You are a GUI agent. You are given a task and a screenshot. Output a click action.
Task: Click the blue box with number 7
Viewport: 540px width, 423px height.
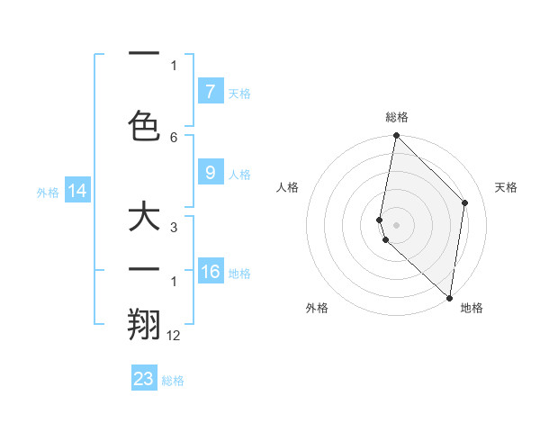click(211, 91)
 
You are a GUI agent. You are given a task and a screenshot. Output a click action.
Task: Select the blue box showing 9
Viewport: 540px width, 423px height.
click(211, 173)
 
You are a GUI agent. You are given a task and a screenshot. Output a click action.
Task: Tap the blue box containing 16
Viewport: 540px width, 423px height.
click(211, 272)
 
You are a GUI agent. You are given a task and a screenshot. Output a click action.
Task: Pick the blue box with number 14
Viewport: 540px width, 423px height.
click(76, 191)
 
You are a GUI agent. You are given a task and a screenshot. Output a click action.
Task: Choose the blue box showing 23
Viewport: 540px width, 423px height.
click(144, 379)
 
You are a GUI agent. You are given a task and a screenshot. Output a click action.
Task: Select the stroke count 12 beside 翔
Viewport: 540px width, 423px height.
click(174, 335)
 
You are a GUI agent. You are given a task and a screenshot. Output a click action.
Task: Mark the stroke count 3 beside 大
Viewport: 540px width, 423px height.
click(174, 229)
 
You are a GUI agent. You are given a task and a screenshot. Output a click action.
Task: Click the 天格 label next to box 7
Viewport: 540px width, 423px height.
click(239, 93)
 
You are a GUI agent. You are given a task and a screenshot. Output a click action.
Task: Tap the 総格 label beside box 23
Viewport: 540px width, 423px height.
click(173, 381)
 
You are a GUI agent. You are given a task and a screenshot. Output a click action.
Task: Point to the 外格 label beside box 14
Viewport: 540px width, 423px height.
click(48, 192)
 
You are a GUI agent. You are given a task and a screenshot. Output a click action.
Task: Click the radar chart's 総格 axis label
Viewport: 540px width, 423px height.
click(397, 117)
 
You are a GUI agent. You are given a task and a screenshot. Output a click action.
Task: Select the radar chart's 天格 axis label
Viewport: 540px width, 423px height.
click(507, 187)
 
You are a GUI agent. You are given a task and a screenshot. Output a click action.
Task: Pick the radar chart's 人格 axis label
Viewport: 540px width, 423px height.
click(288, 187)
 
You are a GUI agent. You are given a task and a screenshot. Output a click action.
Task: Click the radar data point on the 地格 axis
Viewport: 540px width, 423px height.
click(449, 298)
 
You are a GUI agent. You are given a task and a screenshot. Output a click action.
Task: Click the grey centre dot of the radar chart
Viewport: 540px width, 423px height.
click(397, 224)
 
